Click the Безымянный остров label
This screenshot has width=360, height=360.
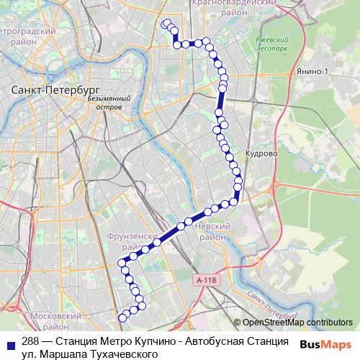(108, 102)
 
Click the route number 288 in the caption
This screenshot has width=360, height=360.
(31, 341)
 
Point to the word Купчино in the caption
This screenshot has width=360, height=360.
(145, 341)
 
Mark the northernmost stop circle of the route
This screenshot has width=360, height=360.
(167, 22)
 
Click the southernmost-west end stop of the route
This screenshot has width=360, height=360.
(122, 316)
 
